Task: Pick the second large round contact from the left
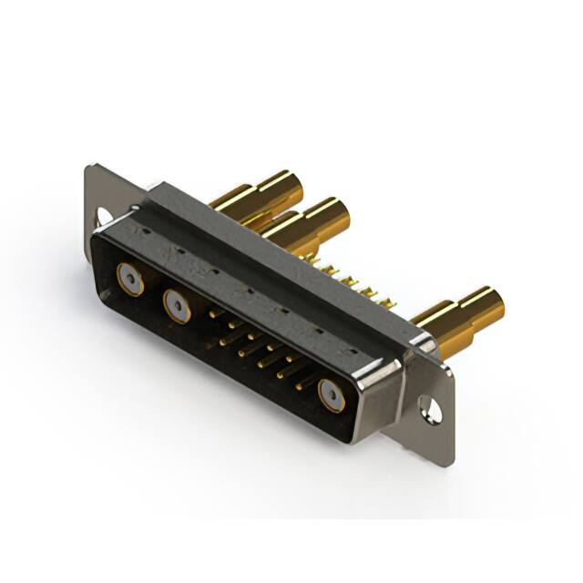(176, 305)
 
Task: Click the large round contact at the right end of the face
(332, 395)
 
